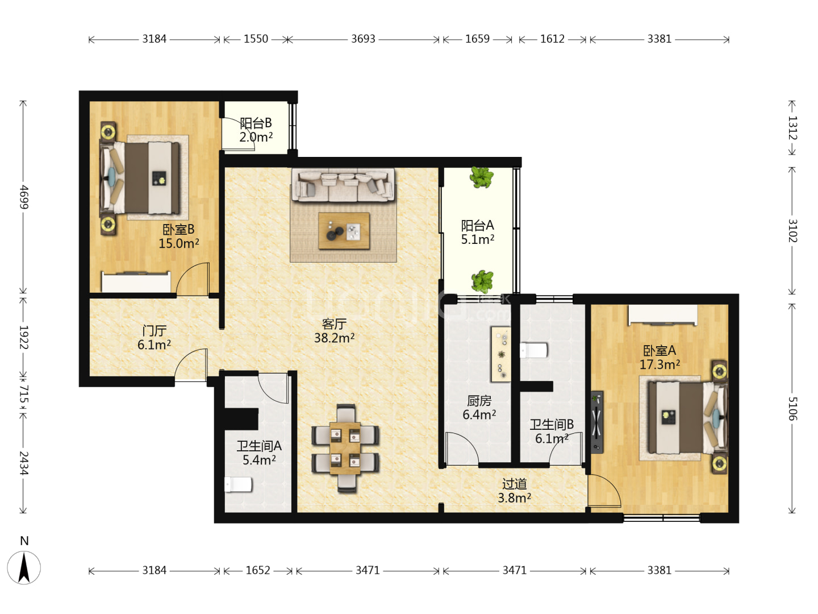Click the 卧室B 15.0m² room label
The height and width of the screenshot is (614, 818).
(x=178, y=236)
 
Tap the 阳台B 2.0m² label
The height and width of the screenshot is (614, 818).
(x=256, y=130)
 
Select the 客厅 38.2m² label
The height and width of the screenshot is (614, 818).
(x=334, y=330)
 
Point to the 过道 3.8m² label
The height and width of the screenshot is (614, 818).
(x=514, y=490)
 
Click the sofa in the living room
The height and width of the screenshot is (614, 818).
(x=343, y=185)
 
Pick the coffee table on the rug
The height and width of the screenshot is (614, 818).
(x=344, y=230)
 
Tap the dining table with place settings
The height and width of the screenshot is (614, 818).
(x=345, y=448)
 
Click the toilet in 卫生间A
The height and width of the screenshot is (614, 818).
(x=238, y=484)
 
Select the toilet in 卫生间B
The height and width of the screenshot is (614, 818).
(x=533, y=350)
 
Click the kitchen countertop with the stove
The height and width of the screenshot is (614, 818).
(x=501, y=354)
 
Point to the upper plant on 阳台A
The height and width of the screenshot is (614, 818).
(x=482, y=177)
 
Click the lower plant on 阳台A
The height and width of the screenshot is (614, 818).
(x=482, y=282)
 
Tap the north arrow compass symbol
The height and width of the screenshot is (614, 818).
(x=24, y=568)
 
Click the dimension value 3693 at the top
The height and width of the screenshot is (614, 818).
(x=363, y=39)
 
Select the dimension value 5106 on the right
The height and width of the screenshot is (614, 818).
(x=792, y=409)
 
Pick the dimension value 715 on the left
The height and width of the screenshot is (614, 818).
(x=23, y=394)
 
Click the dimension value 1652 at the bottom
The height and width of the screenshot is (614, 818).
(x=257, y=570)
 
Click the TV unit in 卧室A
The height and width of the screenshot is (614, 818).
(x=596, y=422)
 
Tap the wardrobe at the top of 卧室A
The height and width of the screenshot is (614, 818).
(x=662, y=315)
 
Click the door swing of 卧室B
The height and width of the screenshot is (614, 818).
(x=193, y=279)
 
